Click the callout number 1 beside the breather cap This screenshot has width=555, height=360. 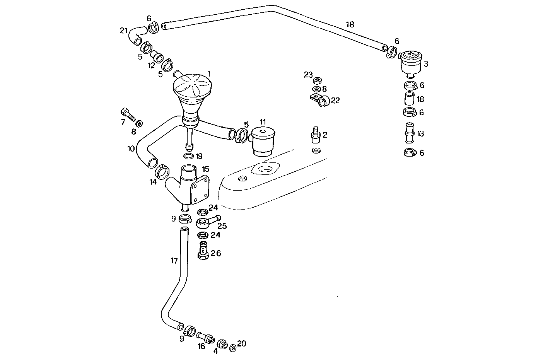(x=209, y=73)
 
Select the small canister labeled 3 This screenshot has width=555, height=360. (x=410, y=64)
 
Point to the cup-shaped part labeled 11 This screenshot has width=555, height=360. (x=263, y=142)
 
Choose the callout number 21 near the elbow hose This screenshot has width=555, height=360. (x=123, y=31)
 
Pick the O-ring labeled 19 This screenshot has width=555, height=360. (x=188, y=156)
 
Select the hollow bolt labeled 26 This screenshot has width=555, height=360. (x=203, y=251)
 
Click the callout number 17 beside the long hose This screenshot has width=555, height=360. (x=174, y=261)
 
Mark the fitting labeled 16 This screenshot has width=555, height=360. (x=205, y=337)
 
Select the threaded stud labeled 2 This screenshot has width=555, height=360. (x=314, y=135)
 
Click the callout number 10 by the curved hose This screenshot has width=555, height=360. (x=131, y=148)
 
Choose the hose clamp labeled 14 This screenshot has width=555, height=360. (x=162, y=171)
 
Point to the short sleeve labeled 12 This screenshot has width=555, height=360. (x=157, y=56)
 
